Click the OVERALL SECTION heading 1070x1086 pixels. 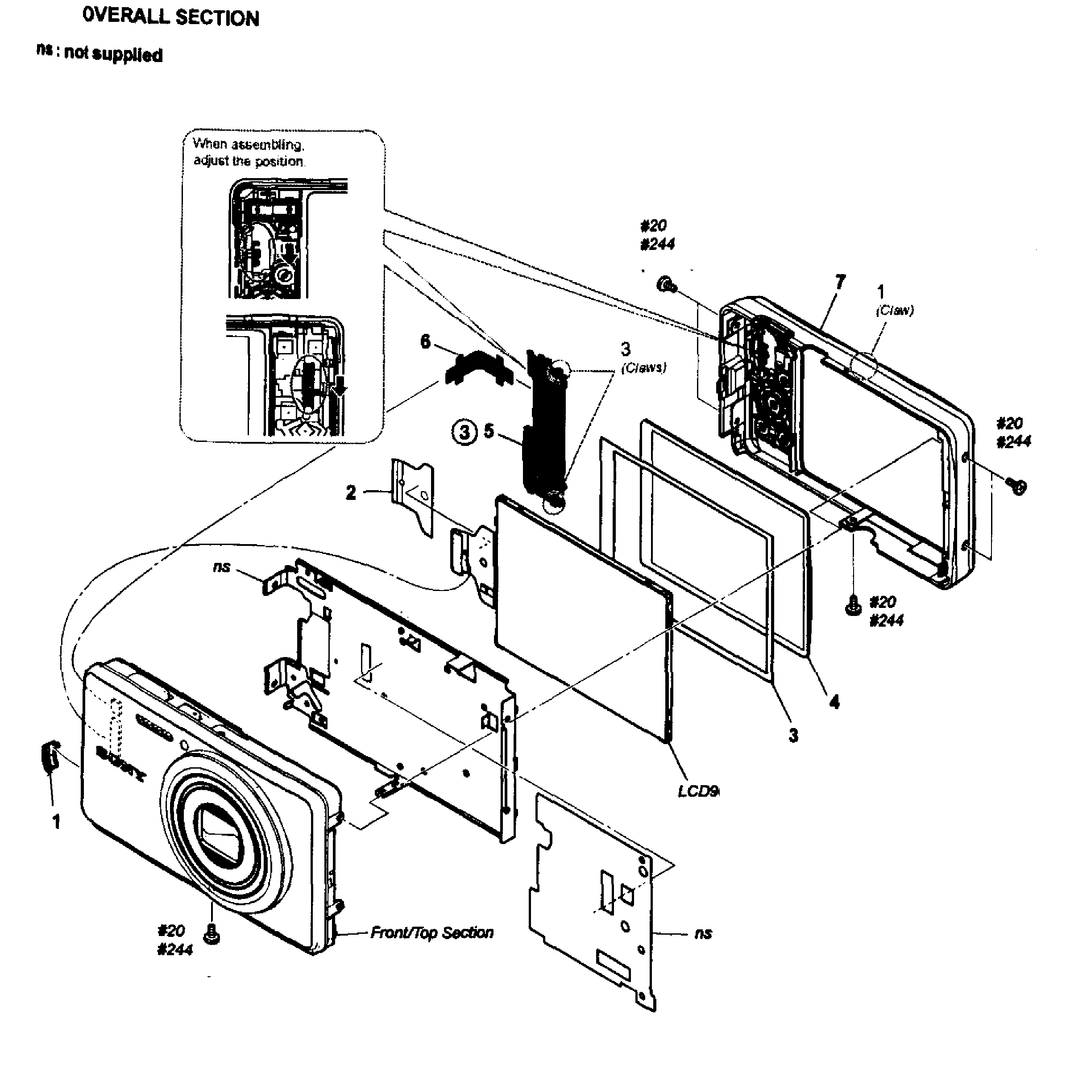tap(170, 17)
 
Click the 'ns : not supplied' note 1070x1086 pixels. tap(100, 54)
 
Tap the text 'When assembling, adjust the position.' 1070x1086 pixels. tap(249, 152)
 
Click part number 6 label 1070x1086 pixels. tap(425, 341)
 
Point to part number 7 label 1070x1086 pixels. tap(840, 282)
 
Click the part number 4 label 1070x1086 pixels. tap(834, 702)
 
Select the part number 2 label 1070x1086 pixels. tap(351, 492)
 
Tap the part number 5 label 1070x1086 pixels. tap(489, 432)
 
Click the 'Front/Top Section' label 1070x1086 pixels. tap(431, 932)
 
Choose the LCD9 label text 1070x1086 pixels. tap(698, 791)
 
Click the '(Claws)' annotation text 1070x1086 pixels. tap(643, 368)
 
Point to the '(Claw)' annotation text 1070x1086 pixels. tap(895, 310)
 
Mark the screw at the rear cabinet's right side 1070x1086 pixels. tap(1016, 486)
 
